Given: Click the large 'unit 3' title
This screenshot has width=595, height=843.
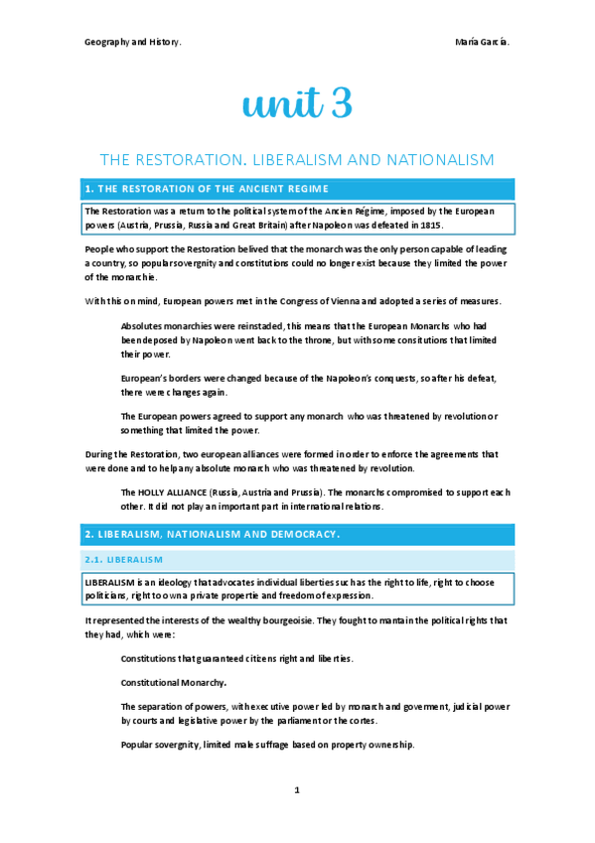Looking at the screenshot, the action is pyautogui.click(x=297, y=102).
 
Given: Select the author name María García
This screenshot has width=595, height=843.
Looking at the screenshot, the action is pyautogui.click(x=485, y=42).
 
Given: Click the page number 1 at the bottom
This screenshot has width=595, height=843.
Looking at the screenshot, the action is pyautogui.click(x=297, y=790).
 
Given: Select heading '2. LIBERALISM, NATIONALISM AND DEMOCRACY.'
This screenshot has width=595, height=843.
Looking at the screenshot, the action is pyautogui.click(x=213, y=535).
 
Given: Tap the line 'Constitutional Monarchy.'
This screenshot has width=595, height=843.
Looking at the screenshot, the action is pyautogui.click(x=173, y=683).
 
